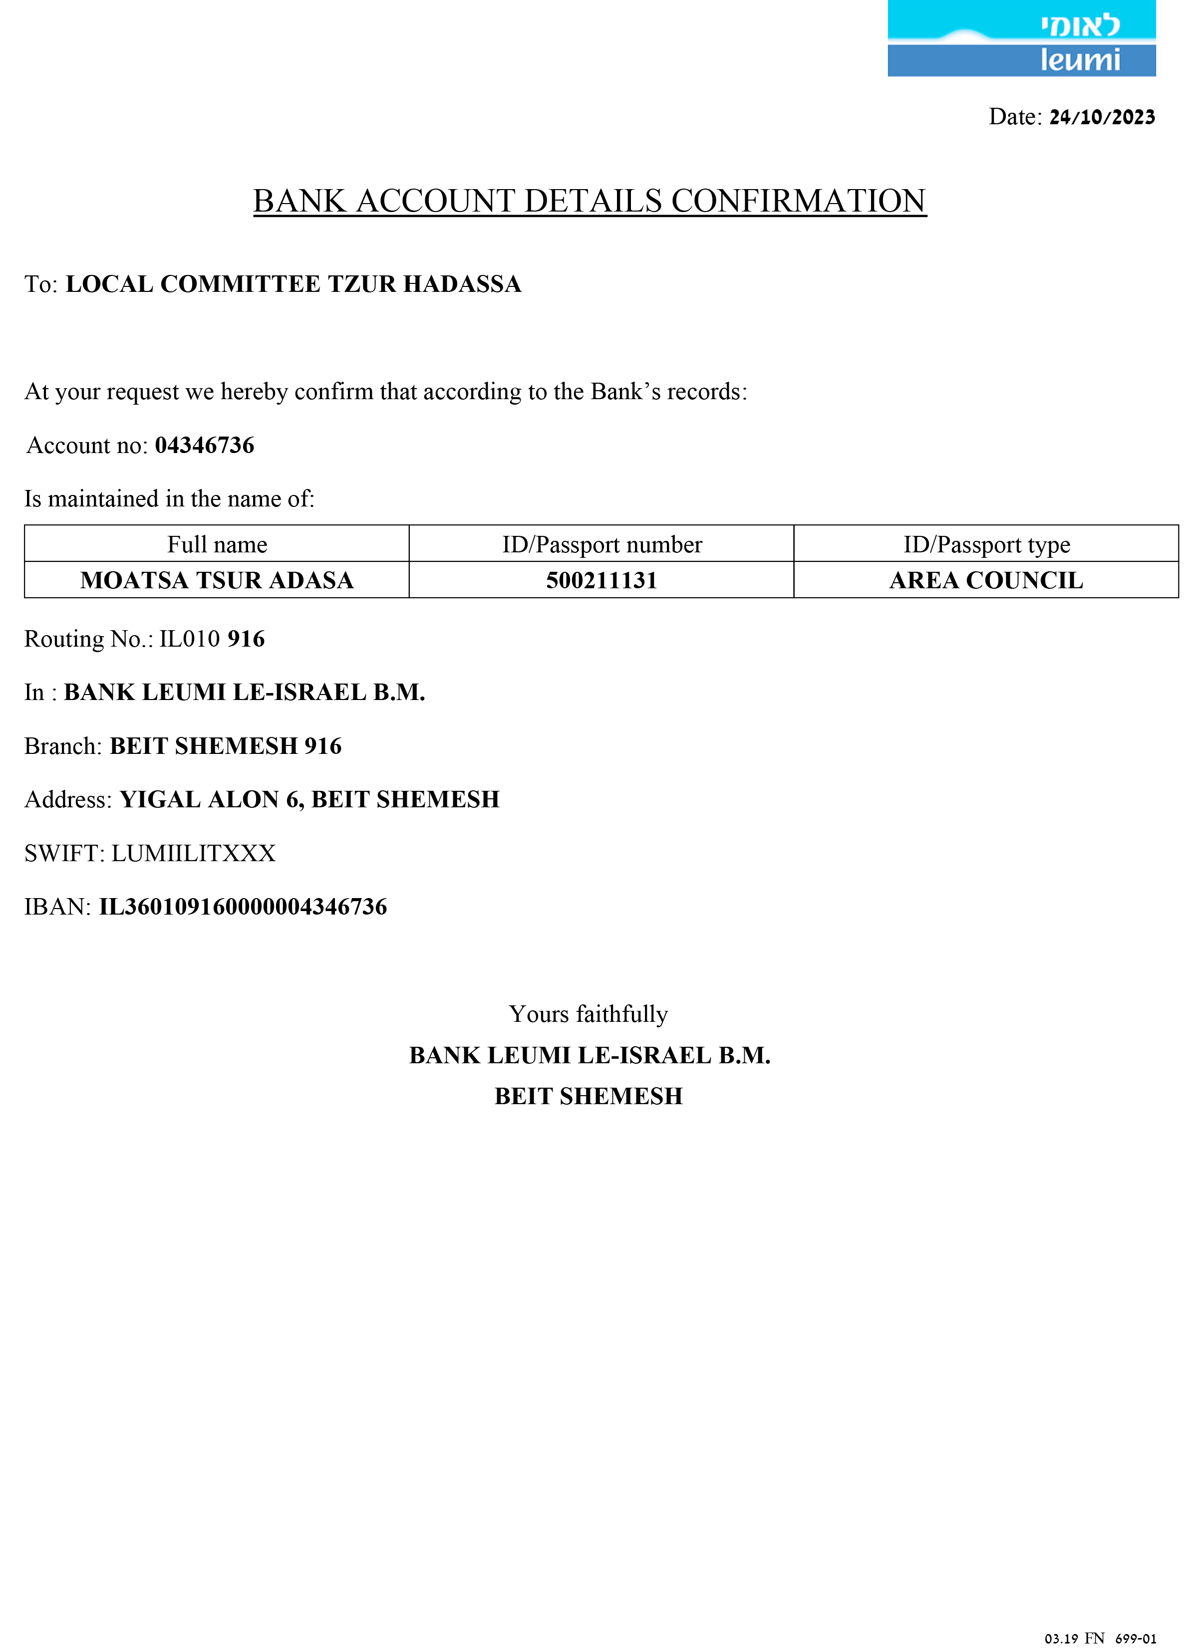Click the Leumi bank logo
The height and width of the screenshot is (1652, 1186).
(1021, 38)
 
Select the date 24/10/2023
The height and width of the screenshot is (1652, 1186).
(1102, 117)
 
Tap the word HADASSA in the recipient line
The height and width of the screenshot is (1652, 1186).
(462, 284)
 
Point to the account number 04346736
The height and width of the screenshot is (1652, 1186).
(205, 445)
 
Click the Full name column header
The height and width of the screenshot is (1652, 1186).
(217, 544)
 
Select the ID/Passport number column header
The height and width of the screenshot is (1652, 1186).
(602, 544)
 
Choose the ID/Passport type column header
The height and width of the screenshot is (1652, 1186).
(986, 544)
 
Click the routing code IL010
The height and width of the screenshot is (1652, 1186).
(189, 639)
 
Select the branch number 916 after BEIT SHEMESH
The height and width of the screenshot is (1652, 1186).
(323, 746)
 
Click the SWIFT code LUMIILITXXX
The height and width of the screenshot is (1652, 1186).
(193, 853)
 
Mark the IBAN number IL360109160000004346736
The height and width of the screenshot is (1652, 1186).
(243, 907)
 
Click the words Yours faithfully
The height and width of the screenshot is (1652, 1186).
(588, 1014)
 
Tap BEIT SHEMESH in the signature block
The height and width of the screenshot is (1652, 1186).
(588, 1096)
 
